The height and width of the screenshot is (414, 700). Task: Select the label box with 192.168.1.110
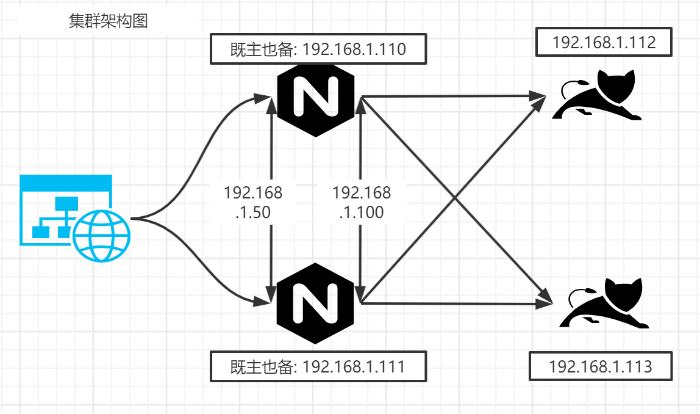pos(318,49)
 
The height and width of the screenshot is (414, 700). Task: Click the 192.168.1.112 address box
pos(604,42)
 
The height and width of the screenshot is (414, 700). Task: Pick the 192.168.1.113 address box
pos(601,367)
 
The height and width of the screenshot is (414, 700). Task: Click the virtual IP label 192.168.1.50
pos(253,203)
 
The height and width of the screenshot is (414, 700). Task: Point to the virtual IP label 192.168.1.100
pos(361,203)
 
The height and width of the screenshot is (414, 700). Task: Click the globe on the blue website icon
pos(102,236)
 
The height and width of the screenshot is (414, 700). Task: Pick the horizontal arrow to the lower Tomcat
pos(451,303)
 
